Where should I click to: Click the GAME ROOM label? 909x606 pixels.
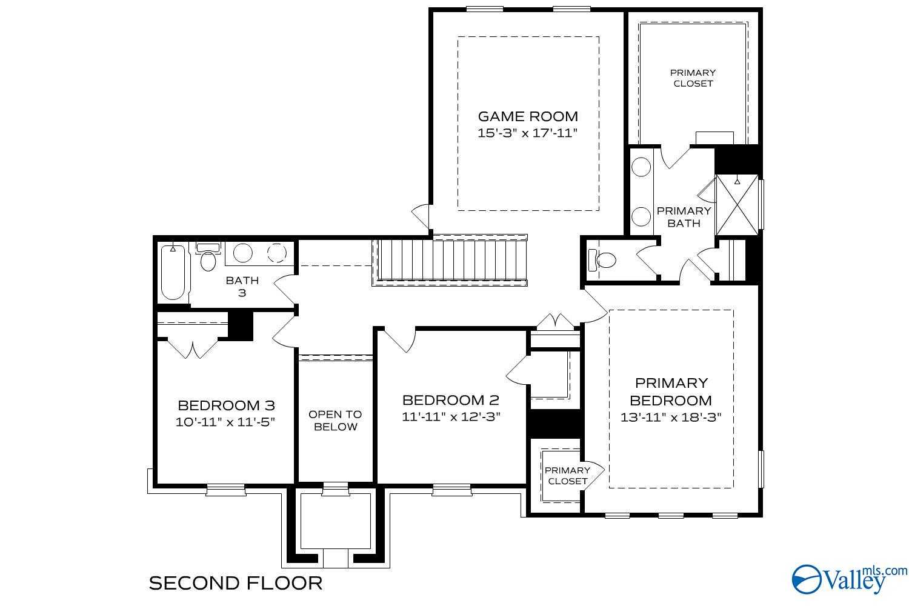pyautogui.click(x=528, y=116)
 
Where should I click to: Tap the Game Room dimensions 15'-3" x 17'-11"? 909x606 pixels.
pyautogui.click(x=528, y=133)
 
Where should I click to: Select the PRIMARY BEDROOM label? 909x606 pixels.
pyautogui.click(x=671, y=391)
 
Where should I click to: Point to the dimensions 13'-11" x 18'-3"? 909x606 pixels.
pyautogui.click(x=671, y=418)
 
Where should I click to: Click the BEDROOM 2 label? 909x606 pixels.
pyautogui.click(x=451, y=400)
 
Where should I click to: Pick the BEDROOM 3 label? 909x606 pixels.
pyautogui.click(x=226, y=405)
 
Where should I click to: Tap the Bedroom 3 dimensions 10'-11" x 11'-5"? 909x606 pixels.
pyautogui.click(x=226, y=422)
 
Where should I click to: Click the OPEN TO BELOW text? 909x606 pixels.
pyautogui.click(x=335, y=420)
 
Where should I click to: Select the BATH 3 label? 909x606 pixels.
pyautogui.click(x=242, y=286)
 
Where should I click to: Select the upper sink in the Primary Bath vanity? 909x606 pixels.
pyautogui.click(x=641, y=166)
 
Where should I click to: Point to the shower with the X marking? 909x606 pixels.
pyautogui.click(x=737, y=205)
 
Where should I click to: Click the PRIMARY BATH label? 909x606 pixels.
pyautogui.click(x=684, y=216)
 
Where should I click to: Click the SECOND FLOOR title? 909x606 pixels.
pyautogui.click(x=236, y=583)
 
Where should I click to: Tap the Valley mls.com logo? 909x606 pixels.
pyautogui.click(x=848, y=579)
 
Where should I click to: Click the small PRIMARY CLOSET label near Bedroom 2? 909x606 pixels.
pyautogui.click(x=567, y=476)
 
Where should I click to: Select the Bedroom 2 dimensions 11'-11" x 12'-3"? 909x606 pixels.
pyautogui.click(x=451, y=417)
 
